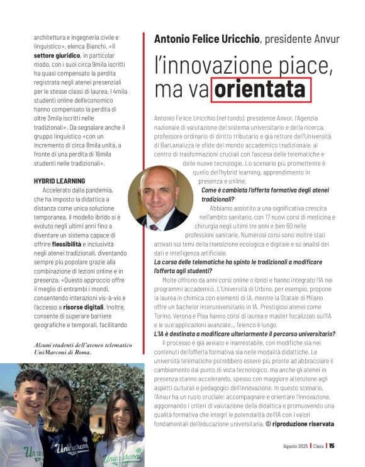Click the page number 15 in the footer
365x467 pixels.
(x=332, y=446)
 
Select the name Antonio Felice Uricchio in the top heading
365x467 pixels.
(x=206, y=39)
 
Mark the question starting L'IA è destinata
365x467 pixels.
(x=245, y=334)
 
